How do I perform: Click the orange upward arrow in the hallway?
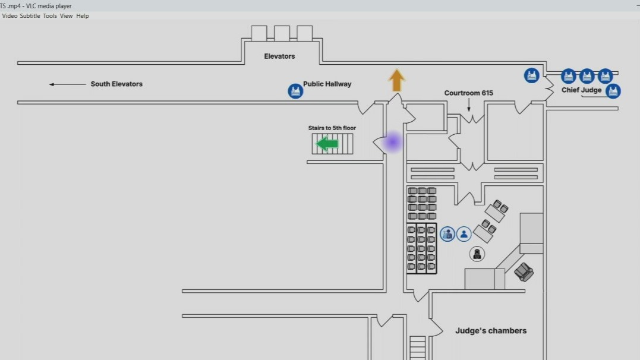(396, 80)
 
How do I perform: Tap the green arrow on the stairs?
(327, 144)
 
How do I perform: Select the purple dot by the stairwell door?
(392, 143)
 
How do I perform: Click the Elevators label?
(279, 56)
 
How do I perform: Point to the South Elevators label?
(116, 84)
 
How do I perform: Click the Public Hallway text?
(327, 84)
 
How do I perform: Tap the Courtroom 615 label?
(468, 93)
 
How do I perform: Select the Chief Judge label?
(581, 90)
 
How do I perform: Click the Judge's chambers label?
(491, 331)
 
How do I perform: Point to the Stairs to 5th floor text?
(332, 128)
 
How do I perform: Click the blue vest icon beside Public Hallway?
(295, 91)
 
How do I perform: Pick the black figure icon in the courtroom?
(477, 254)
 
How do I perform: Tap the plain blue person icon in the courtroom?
(464, 234)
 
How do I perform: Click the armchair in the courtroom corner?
(524, 272)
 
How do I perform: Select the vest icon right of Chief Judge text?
(613, 91)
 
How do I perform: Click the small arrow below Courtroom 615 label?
(469, 105)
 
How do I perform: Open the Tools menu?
(50, 16)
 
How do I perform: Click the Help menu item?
(83, 16)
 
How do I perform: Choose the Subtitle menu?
(30, 16)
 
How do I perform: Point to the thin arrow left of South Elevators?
(67, 84)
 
